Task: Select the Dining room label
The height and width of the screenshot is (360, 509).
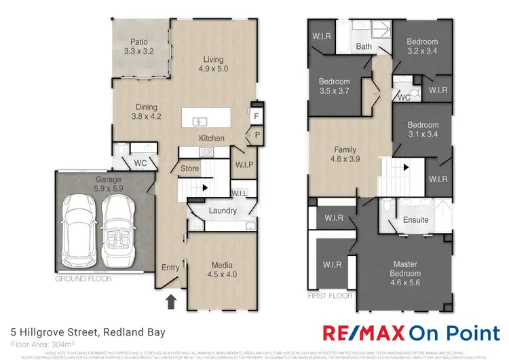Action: [146, 111]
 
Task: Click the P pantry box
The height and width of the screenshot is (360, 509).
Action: [257, 134]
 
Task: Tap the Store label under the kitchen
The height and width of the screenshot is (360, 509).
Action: [189, 168]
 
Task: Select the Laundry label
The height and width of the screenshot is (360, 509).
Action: [223, 211]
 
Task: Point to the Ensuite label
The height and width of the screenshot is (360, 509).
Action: [415, 220]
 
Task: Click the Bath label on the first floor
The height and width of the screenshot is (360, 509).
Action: [363, 46]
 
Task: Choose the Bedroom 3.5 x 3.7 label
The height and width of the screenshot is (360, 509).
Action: [334, 86]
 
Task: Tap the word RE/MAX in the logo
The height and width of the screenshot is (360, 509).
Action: [364, 333]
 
